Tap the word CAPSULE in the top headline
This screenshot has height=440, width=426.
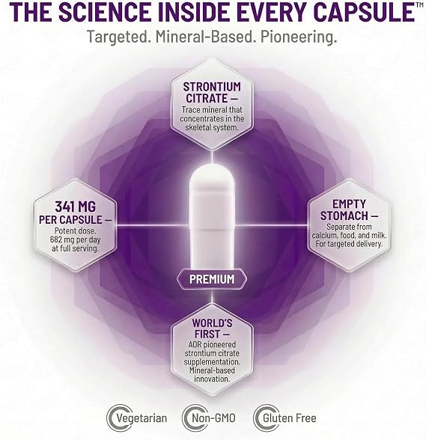pyautogui.click(x=364, y=12)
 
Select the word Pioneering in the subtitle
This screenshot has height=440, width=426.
pyautogui.click(x=299, y=37)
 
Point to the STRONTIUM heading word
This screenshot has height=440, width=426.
pyautogui.click(x=212, y=87)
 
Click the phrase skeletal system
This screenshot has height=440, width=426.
pyautogui.click(x=212, y=127)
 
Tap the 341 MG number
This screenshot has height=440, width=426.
pyautogui.click(x=76, y=207)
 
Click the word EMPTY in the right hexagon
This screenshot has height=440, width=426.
pyautogui.click(x=349, y=204)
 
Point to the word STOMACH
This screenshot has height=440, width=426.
pyautogui.click(x=344, y=216)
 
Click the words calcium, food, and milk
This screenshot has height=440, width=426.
pyautogui.click(x=349, y=235)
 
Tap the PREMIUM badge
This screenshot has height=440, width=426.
pyautogui.click(x=212, y=279)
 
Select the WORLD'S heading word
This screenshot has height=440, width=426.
pyautogui.click(x=213, y=323)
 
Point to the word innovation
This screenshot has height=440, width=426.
pyautogui.click(x=212, y=379)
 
